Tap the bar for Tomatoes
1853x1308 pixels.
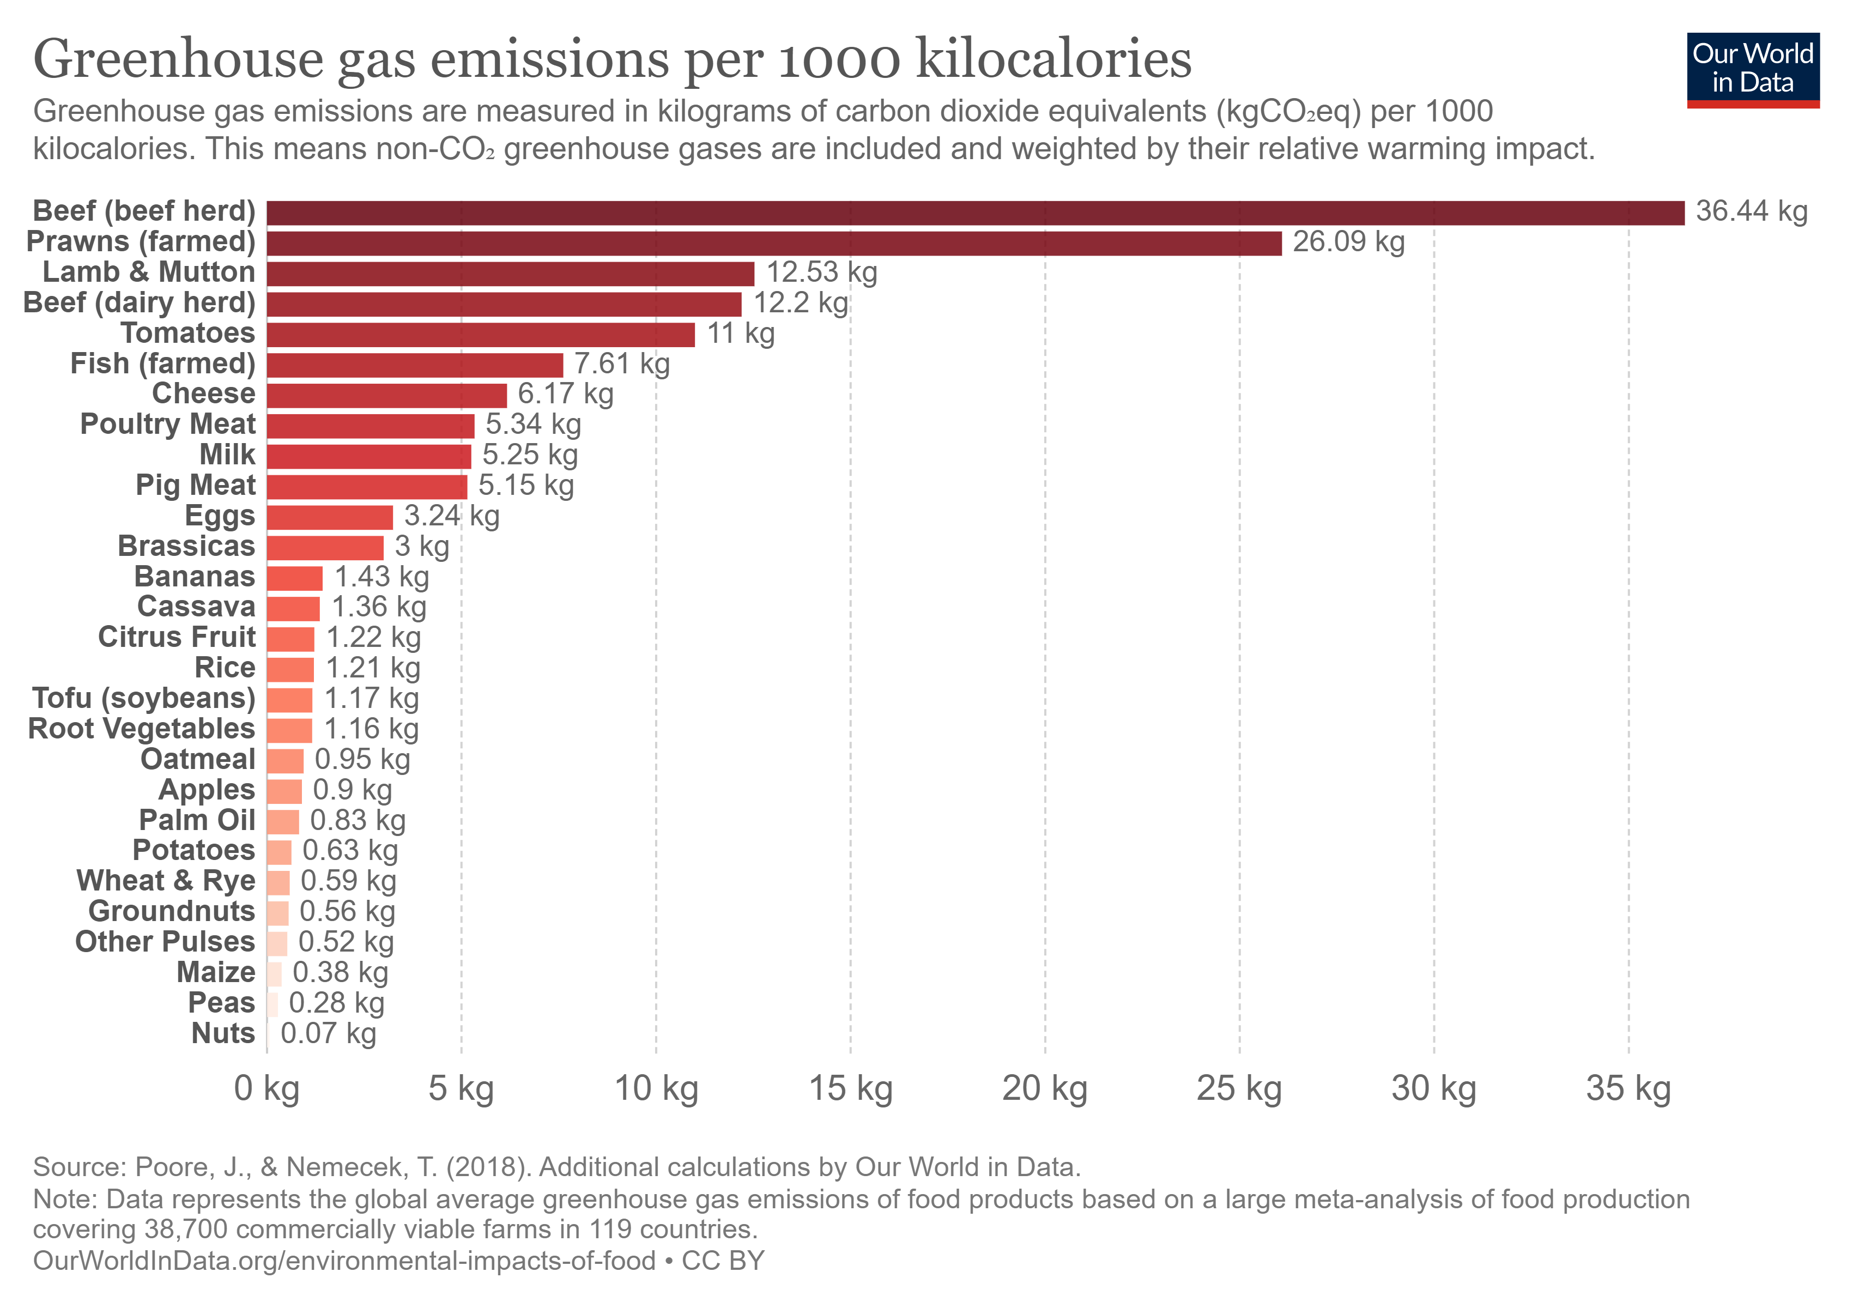(x=480, y=335)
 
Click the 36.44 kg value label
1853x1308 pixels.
(x=1751, y=211)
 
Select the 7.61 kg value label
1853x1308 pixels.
(x=621, y=364)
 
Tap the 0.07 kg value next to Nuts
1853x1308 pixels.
(x=328, y=1034)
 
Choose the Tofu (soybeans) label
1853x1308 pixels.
(x=144, y=698)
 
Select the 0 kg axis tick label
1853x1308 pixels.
(x=267, y=1088)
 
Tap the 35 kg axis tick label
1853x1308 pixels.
(x=1628, y=1088)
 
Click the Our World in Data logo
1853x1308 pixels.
(x=1752, y=69)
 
